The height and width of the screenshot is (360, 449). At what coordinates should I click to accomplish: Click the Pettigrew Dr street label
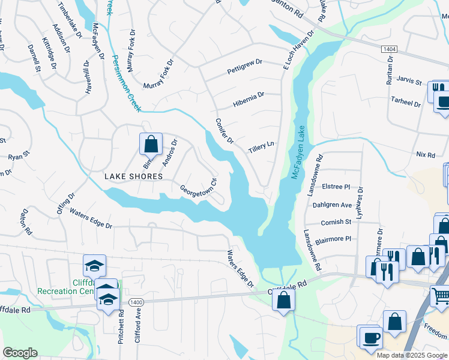245,67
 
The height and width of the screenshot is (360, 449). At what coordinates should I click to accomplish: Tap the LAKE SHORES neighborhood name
133,176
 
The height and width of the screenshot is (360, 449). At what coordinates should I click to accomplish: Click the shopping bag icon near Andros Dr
151,144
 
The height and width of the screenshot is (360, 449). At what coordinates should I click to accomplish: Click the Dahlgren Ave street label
332,205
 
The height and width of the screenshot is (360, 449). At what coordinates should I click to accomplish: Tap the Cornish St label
336,222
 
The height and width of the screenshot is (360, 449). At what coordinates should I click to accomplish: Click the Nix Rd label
425,155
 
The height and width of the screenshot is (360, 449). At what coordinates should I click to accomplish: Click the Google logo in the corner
20,353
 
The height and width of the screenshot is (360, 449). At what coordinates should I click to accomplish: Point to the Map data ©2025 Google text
412,355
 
